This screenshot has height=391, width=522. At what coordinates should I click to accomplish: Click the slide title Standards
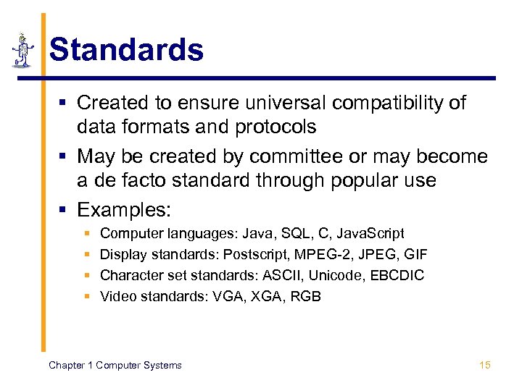[x=126, y=50]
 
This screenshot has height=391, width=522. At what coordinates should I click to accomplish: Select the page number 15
[x=485, y=365]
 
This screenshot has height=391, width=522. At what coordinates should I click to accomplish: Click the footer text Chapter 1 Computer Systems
[x=115, y=365]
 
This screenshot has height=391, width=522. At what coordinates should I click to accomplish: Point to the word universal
[x=278, y=103]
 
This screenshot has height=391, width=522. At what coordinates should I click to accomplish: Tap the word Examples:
[x=124, y=210]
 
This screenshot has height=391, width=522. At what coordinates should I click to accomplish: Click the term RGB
[x=304, y=297]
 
